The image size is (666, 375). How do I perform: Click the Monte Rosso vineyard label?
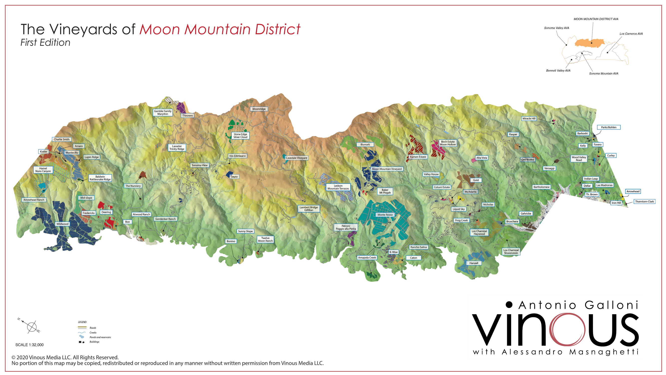[385, 215]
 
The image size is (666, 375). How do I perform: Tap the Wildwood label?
[62, 224]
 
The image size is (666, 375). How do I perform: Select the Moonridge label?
[259, 109]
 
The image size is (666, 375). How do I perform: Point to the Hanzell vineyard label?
[474, 263]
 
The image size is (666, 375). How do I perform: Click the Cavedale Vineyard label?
[296, 158]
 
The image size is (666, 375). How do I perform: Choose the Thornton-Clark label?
[644, 201]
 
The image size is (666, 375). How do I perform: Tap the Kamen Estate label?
[418, 157]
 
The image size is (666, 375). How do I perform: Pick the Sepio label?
[234, 177]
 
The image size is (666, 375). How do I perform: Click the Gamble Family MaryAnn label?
[163, 112]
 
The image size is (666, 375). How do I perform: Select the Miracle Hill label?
[529, 118]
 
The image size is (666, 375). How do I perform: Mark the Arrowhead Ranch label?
[34, 200]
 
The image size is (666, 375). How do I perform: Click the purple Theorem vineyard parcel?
[181, 107]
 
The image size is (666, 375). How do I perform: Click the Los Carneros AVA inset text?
[631, 34]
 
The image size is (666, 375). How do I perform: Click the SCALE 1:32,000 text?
[29, 345]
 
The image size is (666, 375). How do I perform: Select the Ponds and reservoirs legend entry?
[100, 337]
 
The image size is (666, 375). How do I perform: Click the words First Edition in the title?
[45, 43]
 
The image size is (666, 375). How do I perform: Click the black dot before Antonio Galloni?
[509, 304]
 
